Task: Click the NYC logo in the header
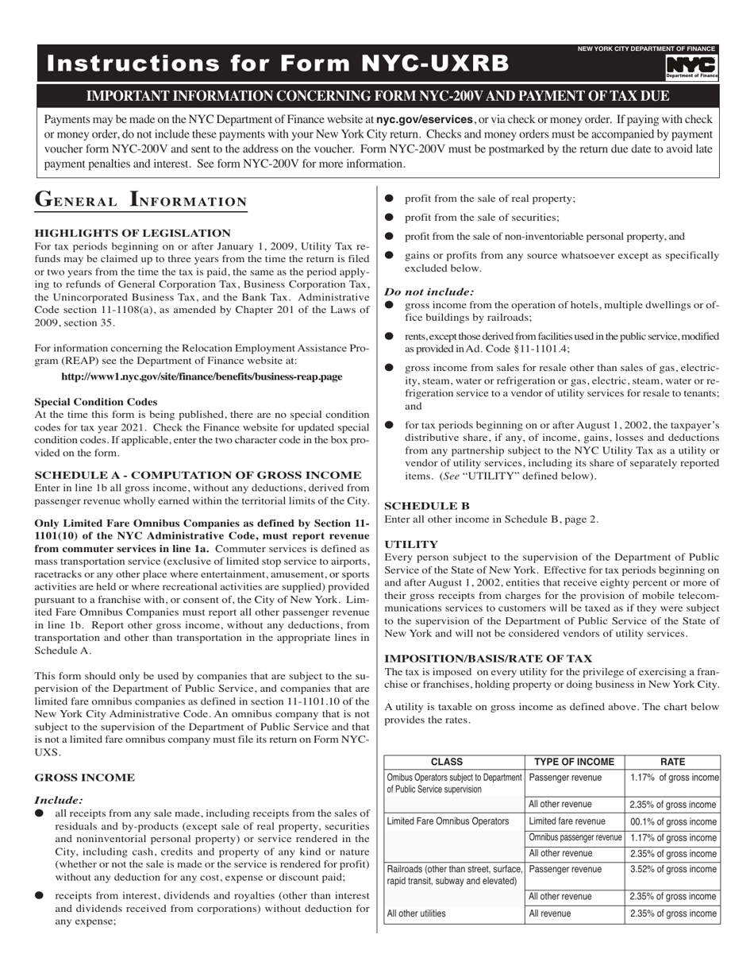pyautogui.click(x=691, y=67)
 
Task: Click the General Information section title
pyautogui.click(x=141, y=200)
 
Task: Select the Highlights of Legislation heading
pyautogui.click(x=133, y=233)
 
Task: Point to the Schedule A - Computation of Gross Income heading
pyautogui.click(x=198, y=475)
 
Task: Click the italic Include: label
pyautogui.click(x=59, y=801)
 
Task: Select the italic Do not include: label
pyautogui.click(x=429, y=292)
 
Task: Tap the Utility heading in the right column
pyautogui.click(x=411, y=545)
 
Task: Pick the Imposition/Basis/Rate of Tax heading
pyautogui.click(x=488, y=658)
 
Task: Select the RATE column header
pyautogui.click(x=672, y=762)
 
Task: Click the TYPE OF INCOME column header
pyautogui.click(x=574, y=762)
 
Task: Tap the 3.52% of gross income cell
pyautogui.click(x=672, y=870)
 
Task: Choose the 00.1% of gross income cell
pyautogui.click(x=672, y=822)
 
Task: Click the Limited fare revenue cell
pyautogui.click(x=567, y=822)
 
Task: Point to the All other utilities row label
pyautogui.click(x=416, y=914)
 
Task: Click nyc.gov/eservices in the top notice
pyautogui.click(x=425, y=119)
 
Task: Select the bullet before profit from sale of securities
pyautogui.click(x=389, y=218)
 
